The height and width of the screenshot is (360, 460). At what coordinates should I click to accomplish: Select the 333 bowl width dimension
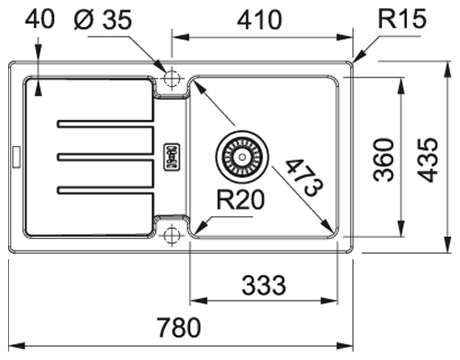pos(264,285)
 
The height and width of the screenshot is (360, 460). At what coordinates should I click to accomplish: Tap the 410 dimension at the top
pos(260,20)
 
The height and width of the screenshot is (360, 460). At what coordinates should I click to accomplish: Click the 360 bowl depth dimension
pos(384,159)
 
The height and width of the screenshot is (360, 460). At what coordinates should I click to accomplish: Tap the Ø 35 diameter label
pos(103,20)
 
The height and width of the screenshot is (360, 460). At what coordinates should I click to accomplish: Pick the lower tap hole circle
pos(170,236)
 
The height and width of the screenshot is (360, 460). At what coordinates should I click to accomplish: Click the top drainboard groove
pos(105,124)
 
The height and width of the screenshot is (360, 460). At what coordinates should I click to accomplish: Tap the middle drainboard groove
pos(105,156)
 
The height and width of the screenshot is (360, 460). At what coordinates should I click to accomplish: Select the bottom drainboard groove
pos(105,190)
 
